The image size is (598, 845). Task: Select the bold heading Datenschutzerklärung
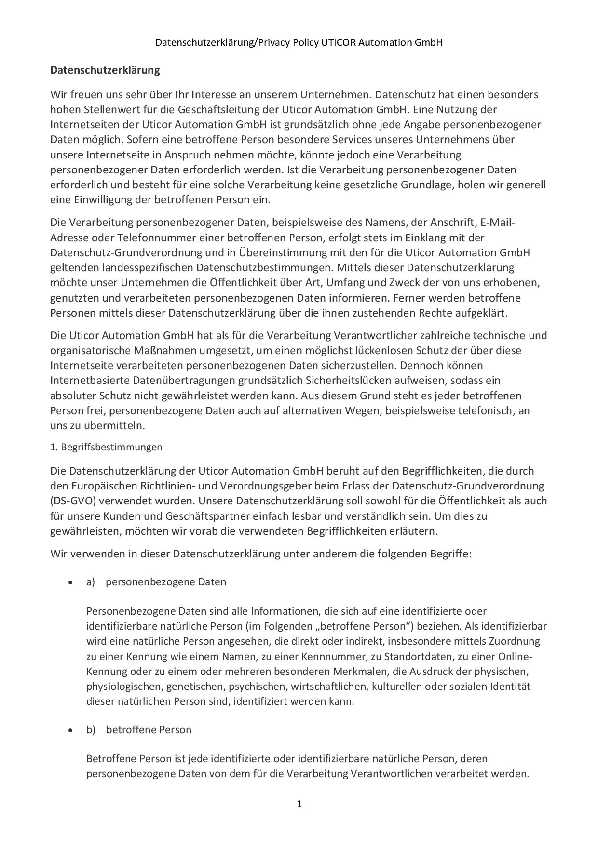tap(105, 70)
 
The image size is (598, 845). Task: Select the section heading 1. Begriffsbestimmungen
tap(106, 447)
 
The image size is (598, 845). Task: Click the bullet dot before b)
tap(70, 730)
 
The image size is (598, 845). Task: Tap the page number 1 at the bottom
tap(299, 804)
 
